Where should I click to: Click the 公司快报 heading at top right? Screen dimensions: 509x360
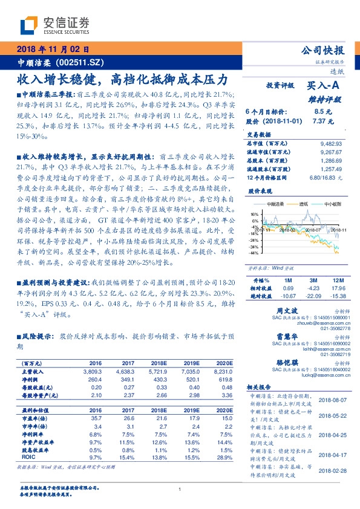click(322, 51)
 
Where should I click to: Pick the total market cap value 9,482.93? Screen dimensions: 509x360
click(330, 144)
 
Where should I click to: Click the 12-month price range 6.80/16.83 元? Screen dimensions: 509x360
click(326, 177)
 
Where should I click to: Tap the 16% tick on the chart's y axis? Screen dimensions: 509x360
click(254, 214)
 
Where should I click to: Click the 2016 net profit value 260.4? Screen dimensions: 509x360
click(96, 378)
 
